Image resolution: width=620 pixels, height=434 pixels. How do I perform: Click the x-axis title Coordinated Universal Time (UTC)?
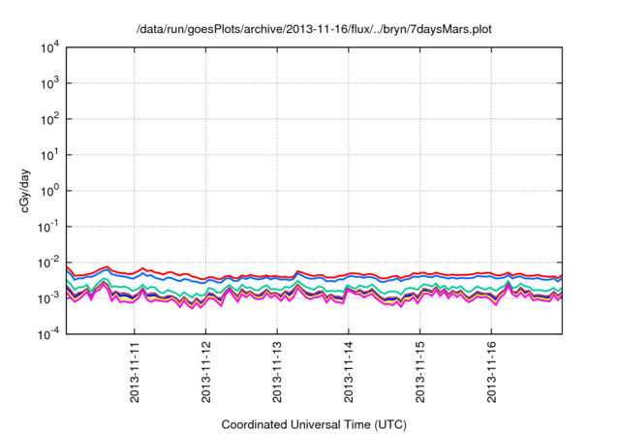tap(314, 424)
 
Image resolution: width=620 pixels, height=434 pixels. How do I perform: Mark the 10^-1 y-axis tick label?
tap(46, 227)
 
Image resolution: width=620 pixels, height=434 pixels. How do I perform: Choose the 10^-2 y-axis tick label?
tap(46, 263)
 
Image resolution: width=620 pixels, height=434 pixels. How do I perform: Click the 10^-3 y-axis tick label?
tap(46, 298)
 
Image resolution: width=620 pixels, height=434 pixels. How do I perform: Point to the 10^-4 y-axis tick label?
tap(46, 334)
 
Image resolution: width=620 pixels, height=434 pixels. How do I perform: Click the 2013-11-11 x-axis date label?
tap(135, 373)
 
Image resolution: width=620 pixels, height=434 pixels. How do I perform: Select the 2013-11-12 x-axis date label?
tap(206, 373)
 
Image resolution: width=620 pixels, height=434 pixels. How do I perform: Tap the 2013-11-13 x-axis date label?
tap(278, 373)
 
